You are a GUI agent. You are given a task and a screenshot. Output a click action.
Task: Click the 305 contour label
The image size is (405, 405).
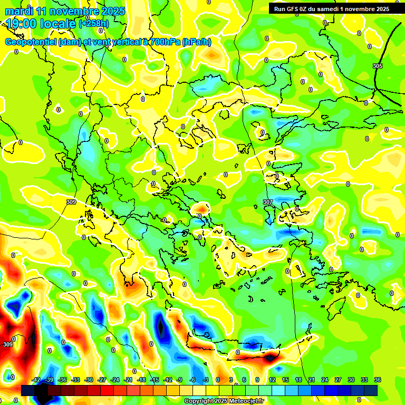tap(378, 66)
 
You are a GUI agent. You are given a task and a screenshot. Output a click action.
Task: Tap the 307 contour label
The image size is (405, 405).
tap(268, 202)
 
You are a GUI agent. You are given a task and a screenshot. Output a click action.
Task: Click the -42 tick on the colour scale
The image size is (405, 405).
tap(36, 380)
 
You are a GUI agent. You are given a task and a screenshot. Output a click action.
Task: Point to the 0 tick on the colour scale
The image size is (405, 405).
tap(218, 380)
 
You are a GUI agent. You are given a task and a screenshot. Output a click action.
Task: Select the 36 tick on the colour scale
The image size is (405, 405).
tap(378, 380)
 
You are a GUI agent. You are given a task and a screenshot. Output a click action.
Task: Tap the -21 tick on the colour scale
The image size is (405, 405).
tap(128, 380)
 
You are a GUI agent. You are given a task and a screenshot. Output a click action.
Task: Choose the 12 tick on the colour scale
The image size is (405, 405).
tap(272, 380)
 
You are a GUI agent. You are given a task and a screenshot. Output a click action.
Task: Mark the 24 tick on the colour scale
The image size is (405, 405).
tap(325, 380)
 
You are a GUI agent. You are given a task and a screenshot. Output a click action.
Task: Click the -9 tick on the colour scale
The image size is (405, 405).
tap(179, 380)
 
